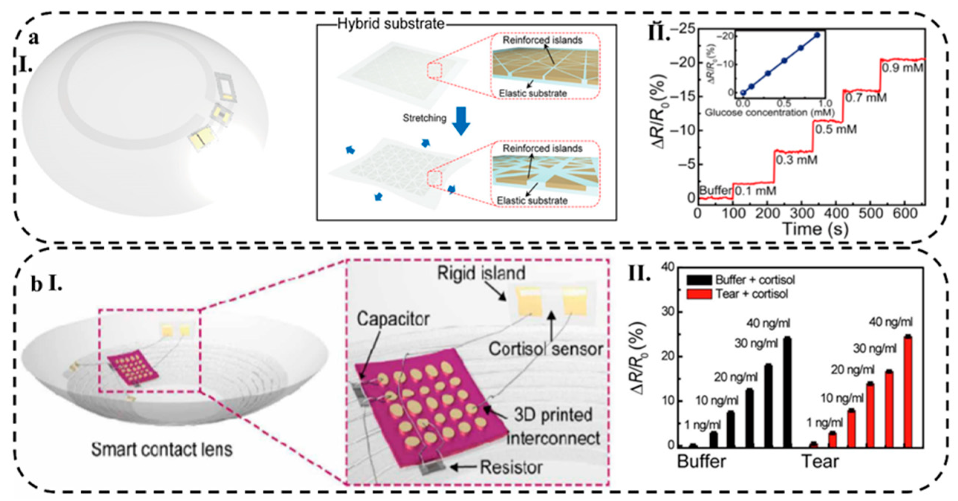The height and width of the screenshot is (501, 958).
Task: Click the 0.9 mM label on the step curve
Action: coord(902,68)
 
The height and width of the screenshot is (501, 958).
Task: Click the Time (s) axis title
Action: coord(816,229)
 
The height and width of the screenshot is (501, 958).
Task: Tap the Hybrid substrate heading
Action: coord(391,24)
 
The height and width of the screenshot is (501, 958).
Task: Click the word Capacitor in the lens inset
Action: coord(393,319)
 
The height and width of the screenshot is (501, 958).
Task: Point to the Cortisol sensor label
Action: coord(545,349)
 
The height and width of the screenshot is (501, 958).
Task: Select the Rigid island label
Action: coord(481,273)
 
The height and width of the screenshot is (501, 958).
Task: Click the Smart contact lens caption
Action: coord(162,450)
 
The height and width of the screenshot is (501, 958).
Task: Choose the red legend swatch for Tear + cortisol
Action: coord(699,294)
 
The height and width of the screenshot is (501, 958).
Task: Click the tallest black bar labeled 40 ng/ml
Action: coord(787,393)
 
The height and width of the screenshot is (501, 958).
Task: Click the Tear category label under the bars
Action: coord(820,462)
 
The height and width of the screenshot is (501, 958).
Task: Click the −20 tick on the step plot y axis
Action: coord(682,62)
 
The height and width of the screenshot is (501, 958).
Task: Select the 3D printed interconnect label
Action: coord(553,427)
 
